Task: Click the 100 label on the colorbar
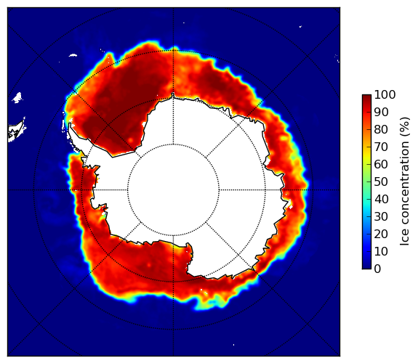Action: pyautogui.click(x=385, y=94)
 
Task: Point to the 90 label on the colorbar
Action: pyautogui.click(x=381, y=112)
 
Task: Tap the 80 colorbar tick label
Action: pyautogui.click(x=381, y=130)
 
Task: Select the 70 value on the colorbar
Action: pyautogui.click(x=381, y=147)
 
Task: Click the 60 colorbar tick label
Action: pyautogui.click(x=381, y=164)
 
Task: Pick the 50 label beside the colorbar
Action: pyautogui.click(x=381, y=182)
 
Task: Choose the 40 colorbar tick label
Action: pyautogui.click(x=381, y=199)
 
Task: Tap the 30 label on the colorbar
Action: pyautogui.click(x=381, y=217)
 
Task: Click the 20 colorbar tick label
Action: pyautogui.click(x=381, y=234)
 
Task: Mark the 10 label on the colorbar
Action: pyautogui.click(x=381, y=251)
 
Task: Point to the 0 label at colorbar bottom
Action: pyautogui.click(x=378, y=269)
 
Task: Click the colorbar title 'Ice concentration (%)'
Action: pyautogui.click(x=405, y=181)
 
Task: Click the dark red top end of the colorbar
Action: pyautogui.click(x=366, y=97)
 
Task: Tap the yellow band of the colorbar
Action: pyautogui.click(x=366, y=156)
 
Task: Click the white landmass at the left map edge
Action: pyautogui.click(x=15, y=132)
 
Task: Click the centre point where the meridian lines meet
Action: pyautogui.click(x=173, y=190)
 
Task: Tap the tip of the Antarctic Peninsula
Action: pyautogui.click(x=70, y=125)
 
